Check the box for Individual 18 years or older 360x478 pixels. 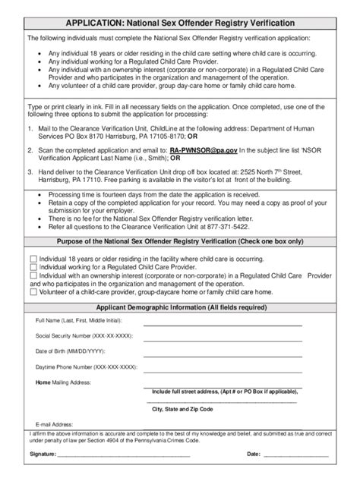pos(33,259)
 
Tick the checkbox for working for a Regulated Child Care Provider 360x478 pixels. pos(33,268)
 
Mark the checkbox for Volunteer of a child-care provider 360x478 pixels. pos(33,291)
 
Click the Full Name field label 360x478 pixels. pos(77,322)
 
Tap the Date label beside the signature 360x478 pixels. pos(254,455)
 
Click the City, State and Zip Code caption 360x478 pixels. pos(182,409)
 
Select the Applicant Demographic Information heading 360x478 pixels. pos(180,307)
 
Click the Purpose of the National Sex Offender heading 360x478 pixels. pos(179,243)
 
